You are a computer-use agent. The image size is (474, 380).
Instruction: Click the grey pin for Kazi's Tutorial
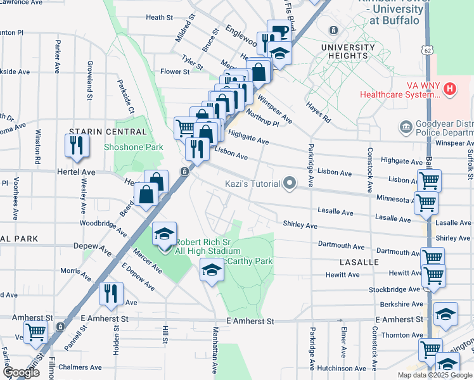point(290,184)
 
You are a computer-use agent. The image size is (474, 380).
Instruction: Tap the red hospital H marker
point(450,88)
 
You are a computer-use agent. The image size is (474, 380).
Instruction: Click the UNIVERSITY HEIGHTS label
point(348,52)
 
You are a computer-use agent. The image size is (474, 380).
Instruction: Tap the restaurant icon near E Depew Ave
point(112,293)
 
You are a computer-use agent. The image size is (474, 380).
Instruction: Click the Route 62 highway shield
point(430,49)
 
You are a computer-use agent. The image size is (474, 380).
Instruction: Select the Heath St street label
point(159,18)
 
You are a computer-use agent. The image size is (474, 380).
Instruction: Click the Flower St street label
point(175,72)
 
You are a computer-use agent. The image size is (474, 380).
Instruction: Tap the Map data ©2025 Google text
point(434,375)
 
